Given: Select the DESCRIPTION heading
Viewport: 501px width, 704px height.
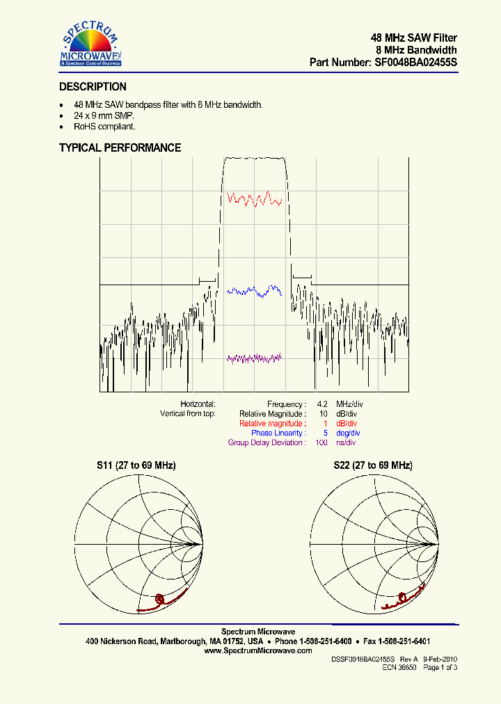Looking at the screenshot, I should click(93, 87).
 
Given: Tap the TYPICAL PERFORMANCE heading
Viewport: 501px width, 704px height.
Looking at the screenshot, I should click(120, 147).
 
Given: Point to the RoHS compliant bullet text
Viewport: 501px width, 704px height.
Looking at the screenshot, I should click(104, 127).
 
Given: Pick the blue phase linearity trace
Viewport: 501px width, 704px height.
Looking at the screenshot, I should click(255, 291).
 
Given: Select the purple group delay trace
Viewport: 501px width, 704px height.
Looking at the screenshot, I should click(255, 358).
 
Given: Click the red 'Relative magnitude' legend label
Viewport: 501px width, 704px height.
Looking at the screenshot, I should click(271, 424).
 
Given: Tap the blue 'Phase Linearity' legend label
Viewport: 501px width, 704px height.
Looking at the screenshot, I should click(278, 433).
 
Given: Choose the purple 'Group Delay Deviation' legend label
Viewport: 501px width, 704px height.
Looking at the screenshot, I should click(266, 443).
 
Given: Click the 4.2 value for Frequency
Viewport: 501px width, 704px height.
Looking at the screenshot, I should click(322, 404).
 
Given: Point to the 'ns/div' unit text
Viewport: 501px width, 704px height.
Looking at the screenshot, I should click(346, 443).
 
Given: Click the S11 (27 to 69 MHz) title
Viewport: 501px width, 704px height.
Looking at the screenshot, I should click(136, 465).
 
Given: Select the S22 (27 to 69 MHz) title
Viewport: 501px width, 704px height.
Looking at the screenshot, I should click(372, 465).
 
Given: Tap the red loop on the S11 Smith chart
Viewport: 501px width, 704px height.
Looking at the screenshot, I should click(161, 598).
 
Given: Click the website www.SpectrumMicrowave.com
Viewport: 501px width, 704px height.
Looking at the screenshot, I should click(258, 650).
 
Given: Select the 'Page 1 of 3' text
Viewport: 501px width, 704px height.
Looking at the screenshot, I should click(440, 667).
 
